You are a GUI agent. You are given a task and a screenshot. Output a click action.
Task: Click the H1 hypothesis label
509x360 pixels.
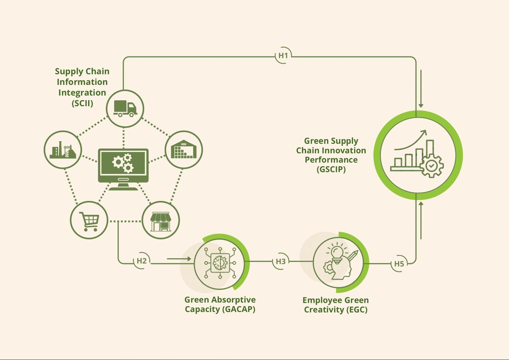click(283, 56)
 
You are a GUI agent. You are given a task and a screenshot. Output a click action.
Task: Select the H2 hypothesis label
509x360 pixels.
click(142, 261)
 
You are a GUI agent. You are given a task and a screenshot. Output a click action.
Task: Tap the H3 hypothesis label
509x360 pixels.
click(281, 261)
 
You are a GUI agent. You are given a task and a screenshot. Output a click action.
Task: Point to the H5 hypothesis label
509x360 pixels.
click(399, 263)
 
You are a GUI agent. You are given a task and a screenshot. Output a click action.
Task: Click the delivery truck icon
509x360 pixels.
click(125, 108)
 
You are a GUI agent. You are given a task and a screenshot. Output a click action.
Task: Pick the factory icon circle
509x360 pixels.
click(62, 150)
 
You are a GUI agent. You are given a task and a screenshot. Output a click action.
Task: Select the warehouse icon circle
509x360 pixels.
click(184, 150)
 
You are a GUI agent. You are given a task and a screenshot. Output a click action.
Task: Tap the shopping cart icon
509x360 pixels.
click(89, 220)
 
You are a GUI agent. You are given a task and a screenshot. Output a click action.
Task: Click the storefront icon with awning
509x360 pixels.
click(161, 220)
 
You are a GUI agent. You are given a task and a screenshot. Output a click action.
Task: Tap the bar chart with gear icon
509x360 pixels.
click(418, 155)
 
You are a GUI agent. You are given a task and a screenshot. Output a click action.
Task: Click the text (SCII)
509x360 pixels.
click(82, 103)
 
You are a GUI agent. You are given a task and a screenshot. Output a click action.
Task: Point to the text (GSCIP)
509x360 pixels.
click(331, 169)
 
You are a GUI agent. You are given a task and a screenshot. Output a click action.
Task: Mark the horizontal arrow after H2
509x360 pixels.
click(179, 259)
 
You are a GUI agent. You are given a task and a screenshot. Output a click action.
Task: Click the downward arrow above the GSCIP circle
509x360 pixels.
click(421, 89)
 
